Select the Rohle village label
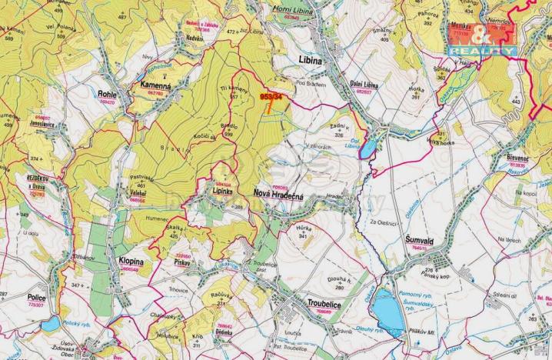pos(106,94)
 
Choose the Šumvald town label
pos(421,240)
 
